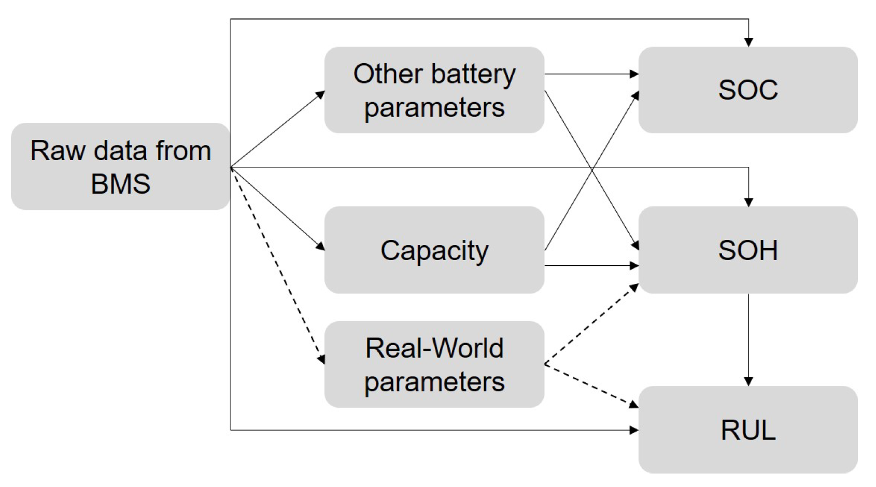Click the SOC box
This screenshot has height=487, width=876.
click(x=748, y=90)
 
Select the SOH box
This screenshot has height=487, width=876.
click(x=748, y=250)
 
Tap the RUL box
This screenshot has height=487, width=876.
click(x=748, y=430)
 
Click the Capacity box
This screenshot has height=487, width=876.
click(x=434, y=250)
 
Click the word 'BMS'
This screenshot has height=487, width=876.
click(x=120, y=184)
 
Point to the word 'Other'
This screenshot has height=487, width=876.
click(x=388, y=74)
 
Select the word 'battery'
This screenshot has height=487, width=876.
click(x=473, y=75)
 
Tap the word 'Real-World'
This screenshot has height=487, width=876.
click(x=434, y=348)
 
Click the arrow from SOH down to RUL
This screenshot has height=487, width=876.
click(x=748, y=340)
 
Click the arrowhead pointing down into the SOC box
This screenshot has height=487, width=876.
click(x=748, y=42)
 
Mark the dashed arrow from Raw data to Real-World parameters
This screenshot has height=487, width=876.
click(x=278, y=266)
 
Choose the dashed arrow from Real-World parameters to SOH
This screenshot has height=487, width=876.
click(x=591, y=324)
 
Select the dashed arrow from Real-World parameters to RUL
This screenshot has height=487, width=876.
click(x=591, y=386)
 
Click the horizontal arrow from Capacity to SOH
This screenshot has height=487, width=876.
click(x=591, y=266)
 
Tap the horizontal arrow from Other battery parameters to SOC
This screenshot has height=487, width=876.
click(x=591, y=74)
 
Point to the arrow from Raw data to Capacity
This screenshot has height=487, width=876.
click(x=278, y=209)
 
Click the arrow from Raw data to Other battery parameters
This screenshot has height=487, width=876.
click(x=278, y=129)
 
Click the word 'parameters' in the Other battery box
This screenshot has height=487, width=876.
click(x=434, y=108)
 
